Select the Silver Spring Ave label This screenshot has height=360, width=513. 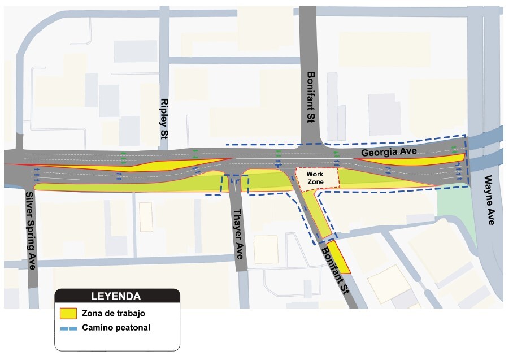pyautogui.click(x=30, y=230)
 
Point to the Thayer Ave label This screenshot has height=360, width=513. pyautogui.click(x=239, y=233)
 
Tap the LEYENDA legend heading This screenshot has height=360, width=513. pyautogui.click(x=116, y=296)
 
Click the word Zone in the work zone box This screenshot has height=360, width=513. pyautogui.click(x=315, y=182)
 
